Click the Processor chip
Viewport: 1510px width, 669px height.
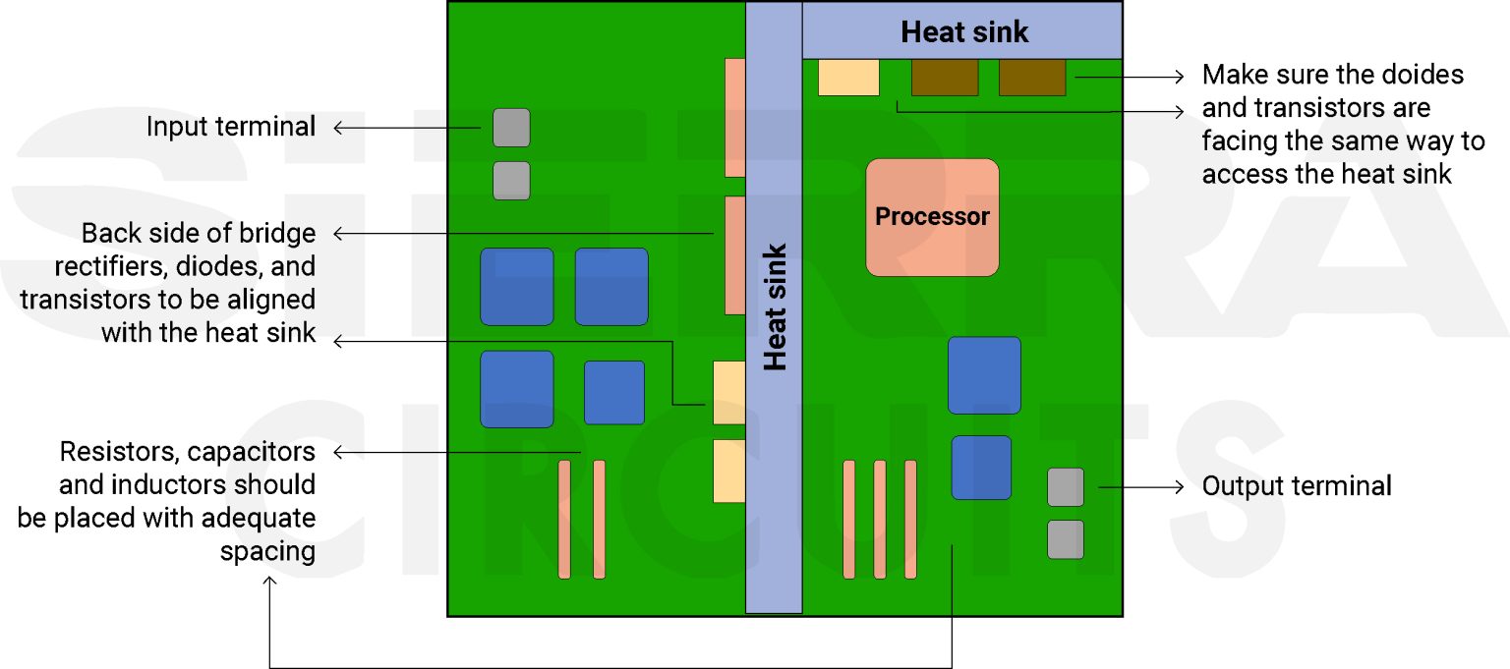point(932,217)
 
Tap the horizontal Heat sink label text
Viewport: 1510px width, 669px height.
point(964,32)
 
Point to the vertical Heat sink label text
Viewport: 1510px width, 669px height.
point(776,307)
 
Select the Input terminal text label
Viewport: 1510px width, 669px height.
point(231,127)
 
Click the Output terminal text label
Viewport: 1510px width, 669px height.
point(1297,486)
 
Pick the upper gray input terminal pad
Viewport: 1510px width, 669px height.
point(511,128)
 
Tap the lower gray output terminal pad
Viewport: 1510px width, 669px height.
point(1066,539)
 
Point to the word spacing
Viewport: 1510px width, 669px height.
point(267,551)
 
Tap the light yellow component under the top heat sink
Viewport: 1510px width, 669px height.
point(848,78)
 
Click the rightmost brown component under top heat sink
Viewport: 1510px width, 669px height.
point(1032,78)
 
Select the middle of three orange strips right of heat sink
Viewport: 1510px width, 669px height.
point(880,519)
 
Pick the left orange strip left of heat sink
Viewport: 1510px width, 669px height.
point(564,519)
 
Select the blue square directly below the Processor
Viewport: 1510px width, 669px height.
point(984,375)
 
